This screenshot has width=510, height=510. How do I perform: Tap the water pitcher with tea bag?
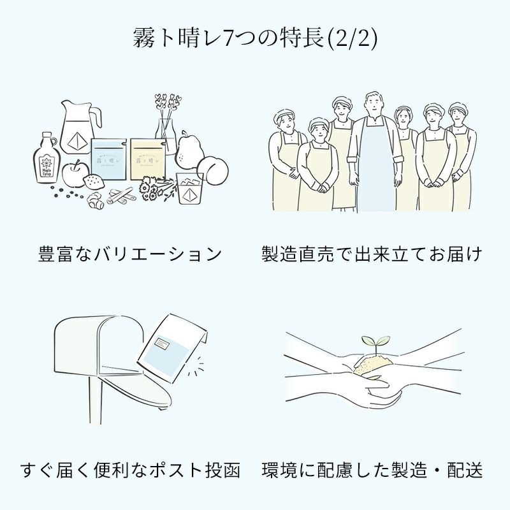point(80,127)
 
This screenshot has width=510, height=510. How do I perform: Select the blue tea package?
point(108,159)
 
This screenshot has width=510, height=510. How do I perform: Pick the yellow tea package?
point(148,159)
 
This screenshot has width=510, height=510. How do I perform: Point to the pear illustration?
point(189,149)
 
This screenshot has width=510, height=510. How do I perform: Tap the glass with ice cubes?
point(189,188)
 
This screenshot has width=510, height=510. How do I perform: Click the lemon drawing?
point(93,180)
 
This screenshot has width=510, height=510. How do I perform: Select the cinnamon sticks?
point(121,195)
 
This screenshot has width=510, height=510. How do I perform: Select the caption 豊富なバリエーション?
point(130,254)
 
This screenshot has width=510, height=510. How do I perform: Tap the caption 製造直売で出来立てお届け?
point(372,254)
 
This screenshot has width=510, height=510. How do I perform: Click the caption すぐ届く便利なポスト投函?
point(131,470)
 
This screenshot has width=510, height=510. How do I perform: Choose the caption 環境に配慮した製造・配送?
point(372,470)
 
